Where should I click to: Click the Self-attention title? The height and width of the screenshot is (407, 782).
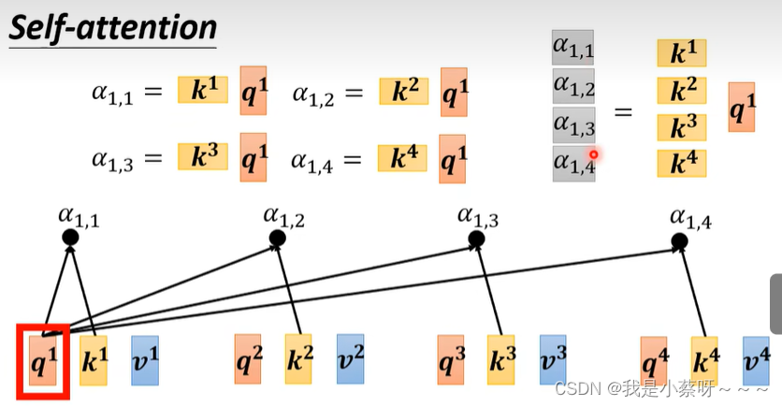(112, 27)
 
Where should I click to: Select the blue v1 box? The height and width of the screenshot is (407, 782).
(145, 360)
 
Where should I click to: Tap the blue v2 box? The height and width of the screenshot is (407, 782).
(350, 358)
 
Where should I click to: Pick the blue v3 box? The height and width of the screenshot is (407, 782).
(553, 359)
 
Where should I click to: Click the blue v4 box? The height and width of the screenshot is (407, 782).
(756, 361)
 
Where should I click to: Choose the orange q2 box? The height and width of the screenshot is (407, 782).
(248, 359)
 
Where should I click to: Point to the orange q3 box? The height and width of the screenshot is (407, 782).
(451, 359)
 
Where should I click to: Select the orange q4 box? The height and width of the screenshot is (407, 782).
(654, 361)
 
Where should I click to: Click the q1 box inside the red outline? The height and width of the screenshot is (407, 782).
(43, 360)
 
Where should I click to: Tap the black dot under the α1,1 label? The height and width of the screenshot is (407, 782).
(70, 238)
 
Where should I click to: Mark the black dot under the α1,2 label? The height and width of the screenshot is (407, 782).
(277, 239)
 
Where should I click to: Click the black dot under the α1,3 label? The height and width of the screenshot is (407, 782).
(476, 240)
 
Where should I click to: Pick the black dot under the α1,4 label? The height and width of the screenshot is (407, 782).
(679, 242)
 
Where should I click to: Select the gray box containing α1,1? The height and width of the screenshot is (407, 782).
(573, 48)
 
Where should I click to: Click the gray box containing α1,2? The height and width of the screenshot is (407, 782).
(573, 86)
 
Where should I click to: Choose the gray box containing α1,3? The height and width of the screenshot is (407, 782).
(573, 124)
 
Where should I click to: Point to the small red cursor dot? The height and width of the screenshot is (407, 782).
(593, 154)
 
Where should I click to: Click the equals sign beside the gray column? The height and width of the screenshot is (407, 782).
(623, 112)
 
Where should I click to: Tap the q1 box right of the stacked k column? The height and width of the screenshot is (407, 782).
(742, 108)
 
